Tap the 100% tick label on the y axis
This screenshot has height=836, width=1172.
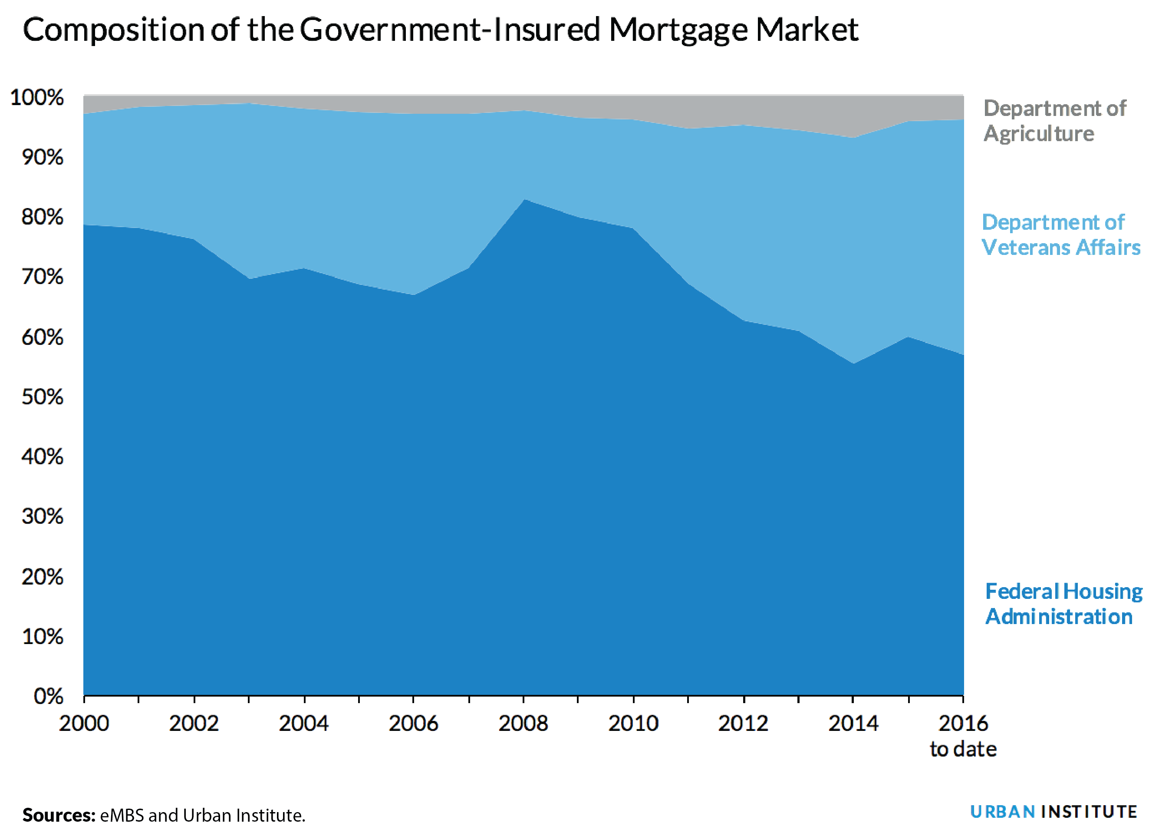37,97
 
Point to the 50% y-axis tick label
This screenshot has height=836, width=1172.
42,397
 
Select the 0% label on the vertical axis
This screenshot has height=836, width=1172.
48,697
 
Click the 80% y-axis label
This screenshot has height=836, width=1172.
42,217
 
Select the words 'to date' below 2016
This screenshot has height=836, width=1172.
963,749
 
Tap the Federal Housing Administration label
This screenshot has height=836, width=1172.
1063,604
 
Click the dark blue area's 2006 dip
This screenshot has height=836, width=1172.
414,295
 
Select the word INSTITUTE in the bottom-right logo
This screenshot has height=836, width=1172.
1089,812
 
